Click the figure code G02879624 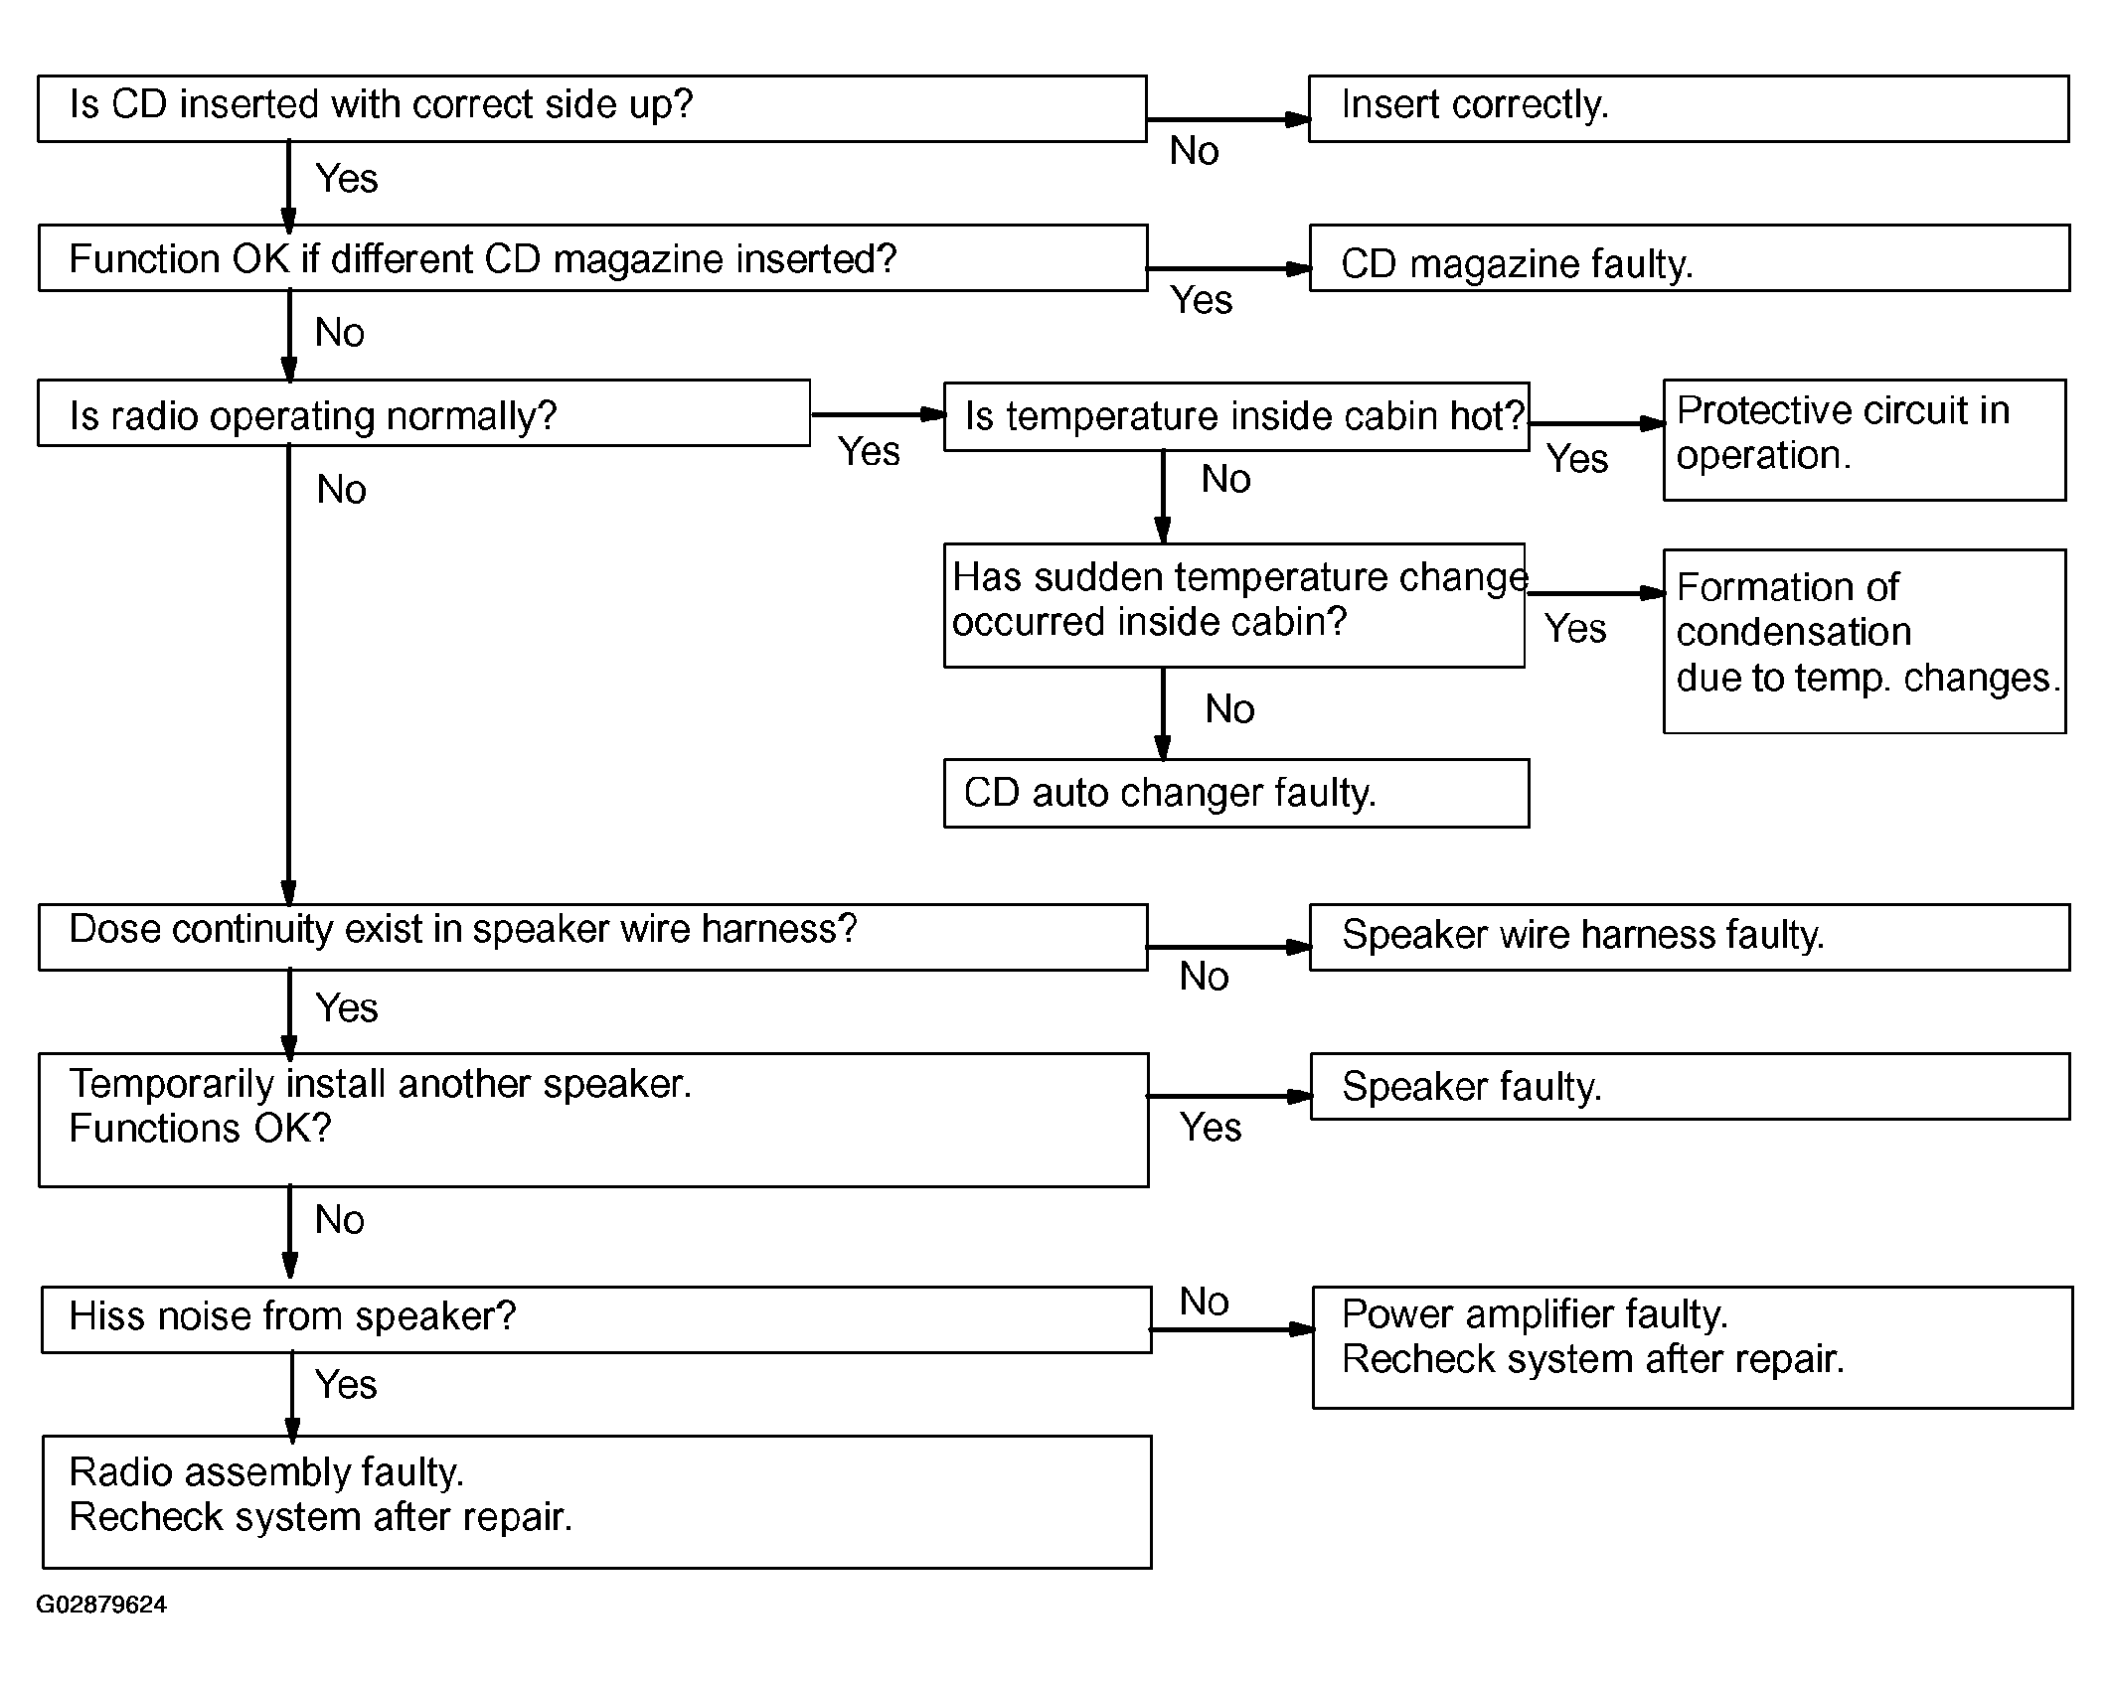[x=101, y=1605]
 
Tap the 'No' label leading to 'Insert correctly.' [x=1194, y=151]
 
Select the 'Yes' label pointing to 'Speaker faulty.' [x=1211, y=1128]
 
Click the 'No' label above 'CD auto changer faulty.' [x=1229, y=708]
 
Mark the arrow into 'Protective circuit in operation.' [x=1597, y=423]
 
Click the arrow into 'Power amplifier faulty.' [x=1232, y=1328]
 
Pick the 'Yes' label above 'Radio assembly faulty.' [x=346, y=1384]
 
